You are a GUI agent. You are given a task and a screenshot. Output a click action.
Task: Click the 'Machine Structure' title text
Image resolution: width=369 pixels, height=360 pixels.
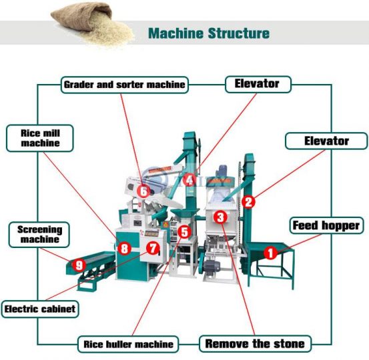click(208, 33)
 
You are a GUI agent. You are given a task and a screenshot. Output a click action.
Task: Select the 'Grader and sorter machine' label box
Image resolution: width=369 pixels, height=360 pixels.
click(125, 85)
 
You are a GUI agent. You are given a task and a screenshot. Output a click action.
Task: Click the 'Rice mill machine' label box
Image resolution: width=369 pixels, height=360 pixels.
click(40, 137)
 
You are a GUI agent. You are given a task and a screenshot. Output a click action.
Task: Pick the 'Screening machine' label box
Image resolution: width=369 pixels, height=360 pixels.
click(39, 234)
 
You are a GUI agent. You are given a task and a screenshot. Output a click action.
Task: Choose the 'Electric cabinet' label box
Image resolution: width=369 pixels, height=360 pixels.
click(40, 309)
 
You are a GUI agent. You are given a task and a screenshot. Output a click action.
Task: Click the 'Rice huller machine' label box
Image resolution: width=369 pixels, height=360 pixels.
click(129, 345)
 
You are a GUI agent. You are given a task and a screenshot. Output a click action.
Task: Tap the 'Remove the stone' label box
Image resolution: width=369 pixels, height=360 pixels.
click(255, 344)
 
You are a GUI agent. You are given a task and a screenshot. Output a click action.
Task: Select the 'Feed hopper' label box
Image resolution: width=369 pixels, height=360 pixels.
click(326, 225)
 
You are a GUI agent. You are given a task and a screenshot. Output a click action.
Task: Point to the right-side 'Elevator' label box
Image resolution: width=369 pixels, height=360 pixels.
click(326, 141)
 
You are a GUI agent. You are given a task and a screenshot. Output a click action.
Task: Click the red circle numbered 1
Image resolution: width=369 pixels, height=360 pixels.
click(270, 253)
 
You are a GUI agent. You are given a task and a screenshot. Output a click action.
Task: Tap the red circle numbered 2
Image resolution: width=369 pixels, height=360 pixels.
click(248, 201)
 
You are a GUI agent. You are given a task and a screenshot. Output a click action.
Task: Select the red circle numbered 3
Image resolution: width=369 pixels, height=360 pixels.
click(221, 217)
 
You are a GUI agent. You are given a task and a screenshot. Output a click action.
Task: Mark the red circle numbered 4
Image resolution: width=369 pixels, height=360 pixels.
click(190, 180)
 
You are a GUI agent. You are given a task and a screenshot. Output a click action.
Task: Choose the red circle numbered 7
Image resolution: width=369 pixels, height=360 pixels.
click(153, 248)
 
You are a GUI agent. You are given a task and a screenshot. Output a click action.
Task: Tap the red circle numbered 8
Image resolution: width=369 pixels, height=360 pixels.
click(123, 249)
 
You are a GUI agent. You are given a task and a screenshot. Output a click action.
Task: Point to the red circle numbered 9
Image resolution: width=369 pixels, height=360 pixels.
click(79, 265)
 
